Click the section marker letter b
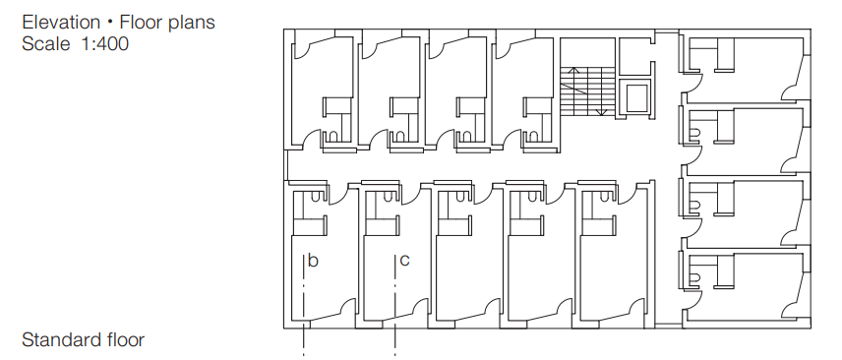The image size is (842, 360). [x=313, y=261]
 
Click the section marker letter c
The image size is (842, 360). [x=405, y=261]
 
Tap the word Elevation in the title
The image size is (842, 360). [x=61, y=22]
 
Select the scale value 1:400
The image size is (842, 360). [x=105, y=43]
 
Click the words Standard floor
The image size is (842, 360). [x=84, y=339]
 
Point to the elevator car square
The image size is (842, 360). [x=637, y=96]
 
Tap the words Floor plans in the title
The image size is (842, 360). [x=167, y=22]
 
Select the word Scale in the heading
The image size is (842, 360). [x=45, y=43]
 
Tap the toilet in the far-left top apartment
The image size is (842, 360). [x=332, y=137]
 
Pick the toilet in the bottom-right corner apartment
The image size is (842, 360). [x=694, y=277]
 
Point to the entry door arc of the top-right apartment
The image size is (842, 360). [x=697, y=84]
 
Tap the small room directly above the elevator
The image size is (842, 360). [x=634, y=56]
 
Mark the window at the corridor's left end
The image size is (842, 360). [x=286, y=165]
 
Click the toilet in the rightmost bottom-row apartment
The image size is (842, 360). [x=606, y=197]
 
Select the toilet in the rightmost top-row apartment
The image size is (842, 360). [x=533, y=137]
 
